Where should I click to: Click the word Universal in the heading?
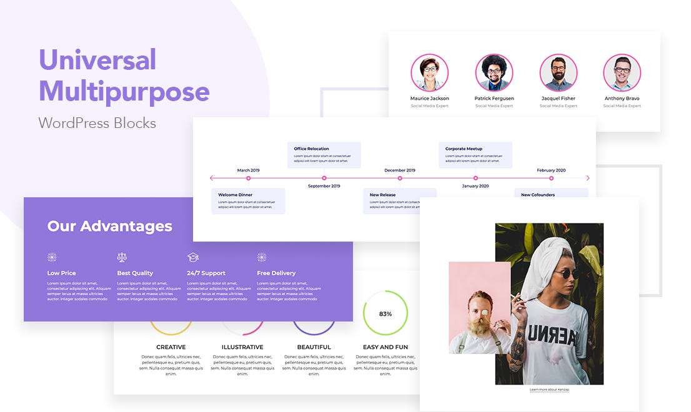pos(97,60)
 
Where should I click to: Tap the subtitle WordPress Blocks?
pos(97,122)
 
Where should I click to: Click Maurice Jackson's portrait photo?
pos(429,73)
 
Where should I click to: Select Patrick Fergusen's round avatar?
pos(494,73)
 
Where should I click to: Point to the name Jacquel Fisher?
pos(559,99)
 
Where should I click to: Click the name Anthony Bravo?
pos(622,99)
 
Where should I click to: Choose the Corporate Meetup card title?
pos(464,149)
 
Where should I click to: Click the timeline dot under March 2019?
pos(248,179)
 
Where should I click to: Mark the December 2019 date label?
pos(399,170)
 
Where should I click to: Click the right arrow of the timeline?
pos(587,179)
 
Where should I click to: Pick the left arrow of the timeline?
pos(212,179)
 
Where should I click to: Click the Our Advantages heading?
pos(109,226)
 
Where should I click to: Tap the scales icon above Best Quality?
pos(122,257)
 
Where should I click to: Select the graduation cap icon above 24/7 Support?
pos(193,257)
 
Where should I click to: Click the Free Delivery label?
pos(276,273)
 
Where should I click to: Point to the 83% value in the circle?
pos(385,314)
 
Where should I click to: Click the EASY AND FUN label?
pos(385,347)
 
